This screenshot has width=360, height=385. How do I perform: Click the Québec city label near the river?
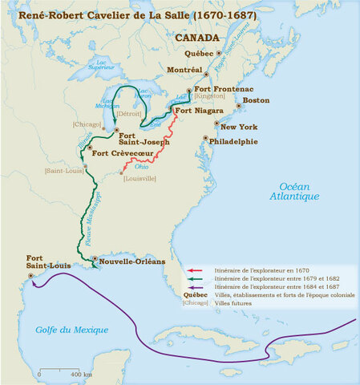199,53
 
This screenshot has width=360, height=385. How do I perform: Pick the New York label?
239,126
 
